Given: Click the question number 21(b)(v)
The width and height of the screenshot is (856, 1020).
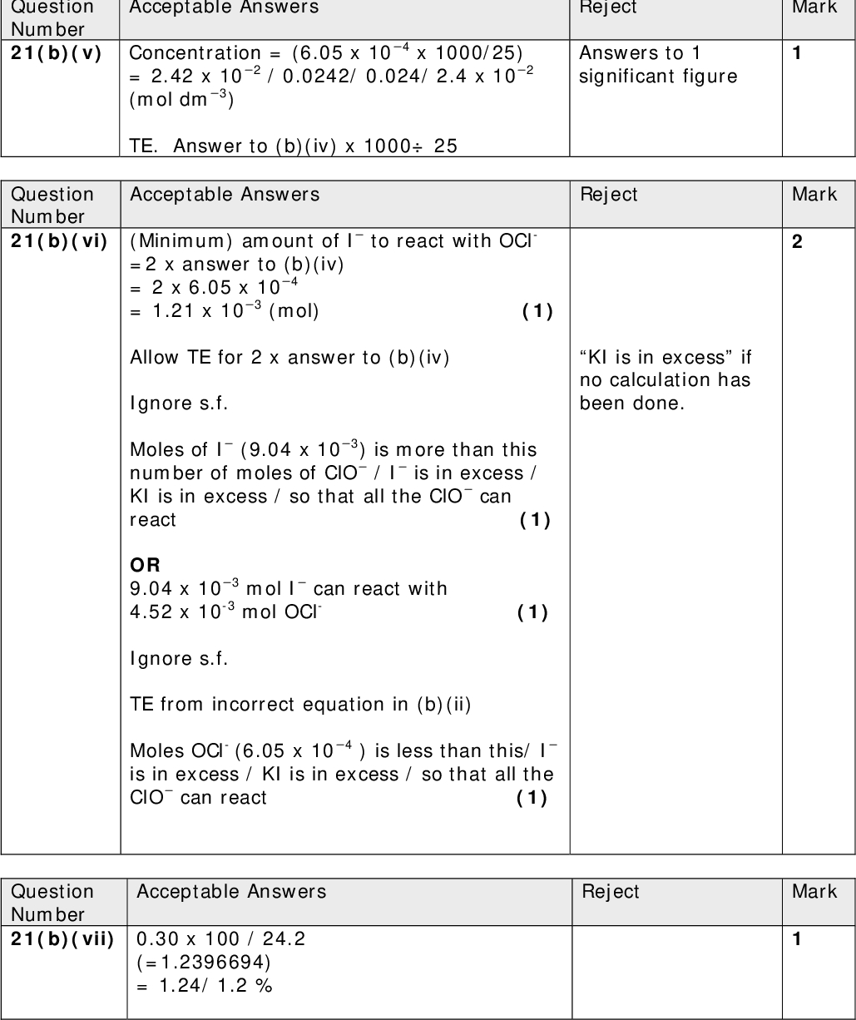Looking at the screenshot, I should click(56, 53).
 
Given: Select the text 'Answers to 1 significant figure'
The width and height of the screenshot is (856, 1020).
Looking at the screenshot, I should click(658, 65).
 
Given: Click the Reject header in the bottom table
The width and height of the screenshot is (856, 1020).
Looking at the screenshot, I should click(611, 892).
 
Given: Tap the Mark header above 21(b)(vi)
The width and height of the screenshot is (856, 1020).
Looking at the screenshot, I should click(814, 195).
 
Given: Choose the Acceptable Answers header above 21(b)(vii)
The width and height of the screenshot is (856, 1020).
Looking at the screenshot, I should click(230, 892).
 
